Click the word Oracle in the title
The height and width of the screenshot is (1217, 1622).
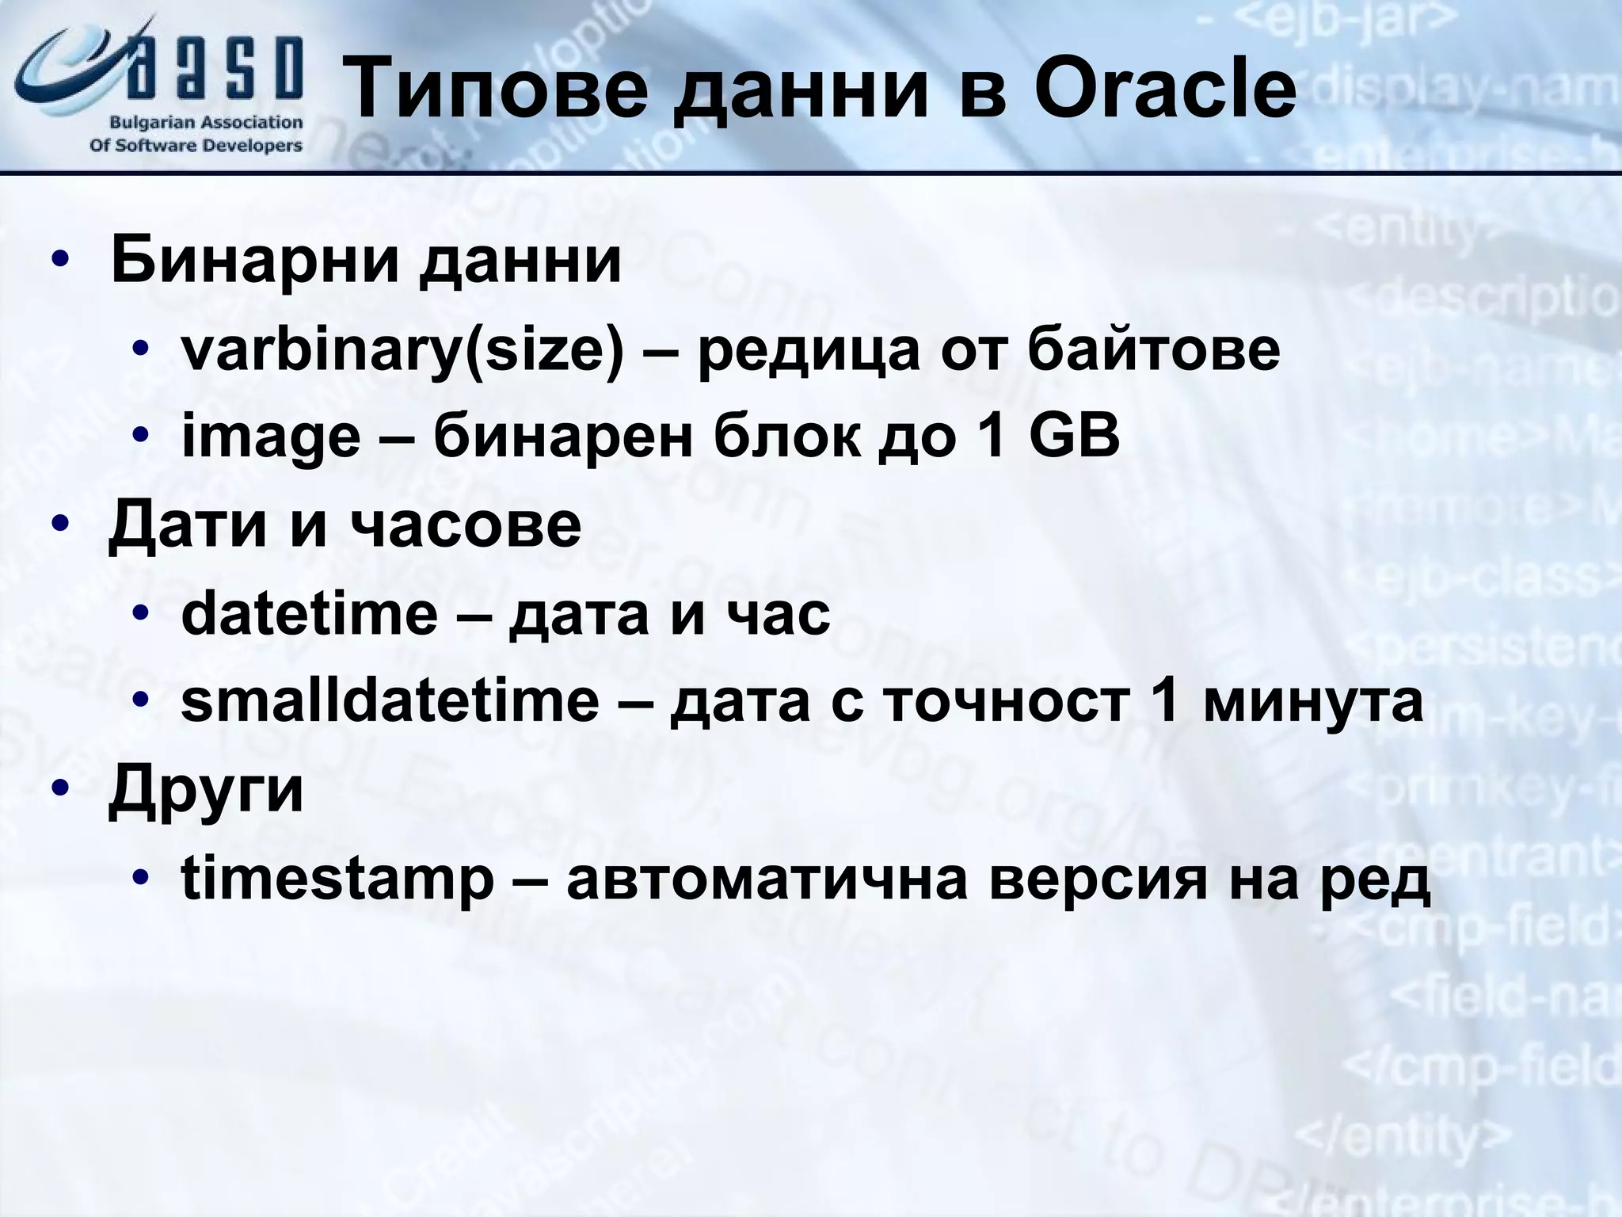(1164, 89)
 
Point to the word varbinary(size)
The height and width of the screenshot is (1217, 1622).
(402, 351)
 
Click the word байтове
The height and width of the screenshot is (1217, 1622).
(1153, 349)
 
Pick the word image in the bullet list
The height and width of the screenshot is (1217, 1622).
(271, 438)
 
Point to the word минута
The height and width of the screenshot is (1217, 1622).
(1313, 702)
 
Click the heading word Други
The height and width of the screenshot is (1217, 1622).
(206, 791)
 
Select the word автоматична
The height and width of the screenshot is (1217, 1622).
(767, 879)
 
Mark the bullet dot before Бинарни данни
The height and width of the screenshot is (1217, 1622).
(60, 262)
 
